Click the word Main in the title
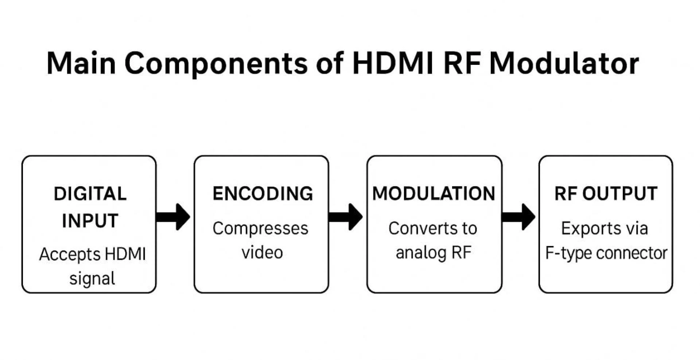[x=81, y=63]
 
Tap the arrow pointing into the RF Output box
[x=518, y=217]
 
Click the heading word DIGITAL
[x=90, y=194]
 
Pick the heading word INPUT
[x=90, y=221]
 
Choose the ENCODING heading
[x=262, y=193]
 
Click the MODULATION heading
[x=433, y=193]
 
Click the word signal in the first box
[x=92, y=279]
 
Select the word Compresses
[x=260, y=229]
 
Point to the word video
[x=262, y=253]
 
